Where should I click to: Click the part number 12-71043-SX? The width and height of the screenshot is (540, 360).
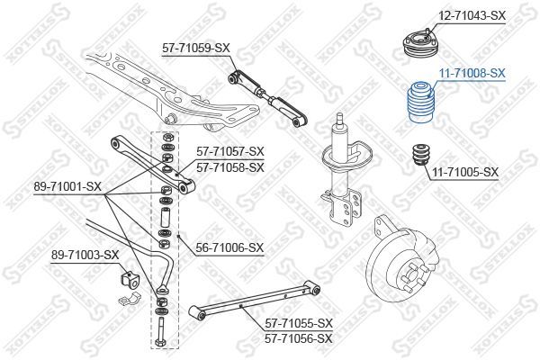472,15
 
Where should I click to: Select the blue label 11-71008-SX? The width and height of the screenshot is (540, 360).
472,73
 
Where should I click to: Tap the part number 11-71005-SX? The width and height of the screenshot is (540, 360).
465,172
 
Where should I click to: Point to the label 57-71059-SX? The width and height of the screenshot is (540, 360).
196,48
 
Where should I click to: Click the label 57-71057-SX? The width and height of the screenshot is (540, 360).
230,151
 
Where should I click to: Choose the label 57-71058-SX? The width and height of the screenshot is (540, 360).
230,167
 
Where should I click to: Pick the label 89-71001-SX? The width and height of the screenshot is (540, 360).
67,186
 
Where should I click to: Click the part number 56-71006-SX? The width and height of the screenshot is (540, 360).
229,247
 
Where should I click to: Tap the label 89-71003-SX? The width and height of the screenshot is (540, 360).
85,256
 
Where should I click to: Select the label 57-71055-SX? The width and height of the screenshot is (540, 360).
299,323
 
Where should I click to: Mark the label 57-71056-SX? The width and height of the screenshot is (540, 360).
299,338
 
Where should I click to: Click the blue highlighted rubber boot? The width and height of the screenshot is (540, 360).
421,102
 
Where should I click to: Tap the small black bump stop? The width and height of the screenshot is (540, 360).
422,155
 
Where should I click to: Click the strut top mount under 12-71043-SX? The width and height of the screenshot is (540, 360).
421,46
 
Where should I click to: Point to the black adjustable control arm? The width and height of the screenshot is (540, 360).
268,98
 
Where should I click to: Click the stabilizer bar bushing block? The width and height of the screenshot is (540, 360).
129,278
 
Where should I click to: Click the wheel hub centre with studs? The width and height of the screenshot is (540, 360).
412,276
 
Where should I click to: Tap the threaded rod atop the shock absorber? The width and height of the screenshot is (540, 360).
339,120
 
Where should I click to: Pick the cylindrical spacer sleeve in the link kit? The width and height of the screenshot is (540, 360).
165,217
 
